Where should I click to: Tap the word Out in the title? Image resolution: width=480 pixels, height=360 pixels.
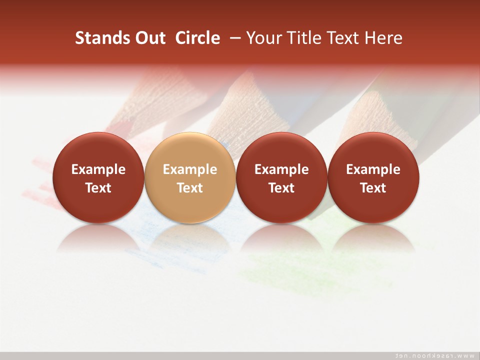[x=149, y=38]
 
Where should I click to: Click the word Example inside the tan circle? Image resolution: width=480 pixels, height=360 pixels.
[x=189, y=169]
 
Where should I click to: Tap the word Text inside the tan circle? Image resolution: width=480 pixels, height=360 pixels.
[x=189, y=188]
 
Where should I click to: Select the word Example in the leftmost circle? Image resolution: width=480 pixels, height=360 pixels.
[x=98, y=169]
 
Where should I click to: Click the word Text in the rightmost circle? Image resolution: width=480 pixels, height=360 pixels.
[x=373, y=188]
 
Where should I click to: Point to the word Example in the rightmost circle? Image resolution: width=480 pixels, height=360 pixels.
[x=373, y=169]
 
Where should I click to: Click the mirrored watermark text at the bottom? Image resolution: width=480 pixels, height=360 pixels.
[x=435, y=355]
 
